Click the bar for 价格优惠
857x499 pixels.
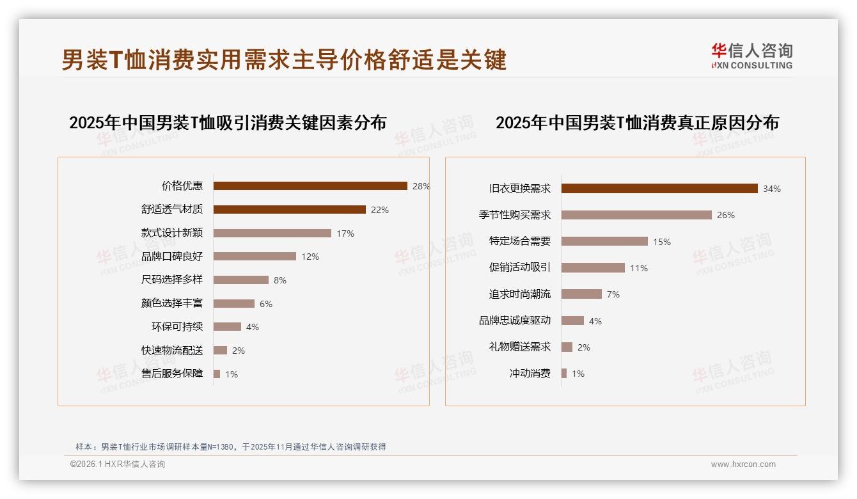point(310,186)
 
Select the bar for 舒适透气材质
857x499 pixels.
point(289,210)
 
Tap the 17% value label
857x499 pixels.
point(345,234)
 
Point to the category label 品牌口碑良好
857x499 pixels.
point(172,257)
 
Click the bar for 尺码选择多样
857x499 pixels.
point(241,280)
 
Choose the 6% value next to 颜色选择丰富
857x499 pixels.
point(265,304)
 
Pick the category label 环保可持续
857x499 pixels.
point(177,327)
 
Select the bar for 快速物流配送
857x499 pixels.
point(221,351)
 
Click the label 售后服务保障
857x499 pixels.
point(172,374)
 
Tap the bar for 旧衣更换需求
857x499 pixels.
point(659,189)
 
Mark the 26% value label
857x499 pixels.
point(726,215)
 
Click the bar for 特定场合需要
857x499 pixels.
point(604,242)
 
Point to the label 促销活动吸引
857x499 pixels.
point(520,268)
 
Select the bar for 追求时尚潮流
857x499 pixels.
point(581,294)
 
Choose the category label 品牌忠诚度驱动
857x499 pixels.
point(515,321)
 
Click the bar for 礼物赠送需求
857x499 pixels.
point(567,347)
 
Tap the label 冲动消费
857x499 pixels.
point(530,374)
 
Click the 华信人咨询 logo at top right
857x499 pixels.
point(751,56)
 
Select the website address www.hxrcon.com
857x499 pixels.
point(743,464)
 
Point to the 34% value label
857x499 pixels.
point(772,189)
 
